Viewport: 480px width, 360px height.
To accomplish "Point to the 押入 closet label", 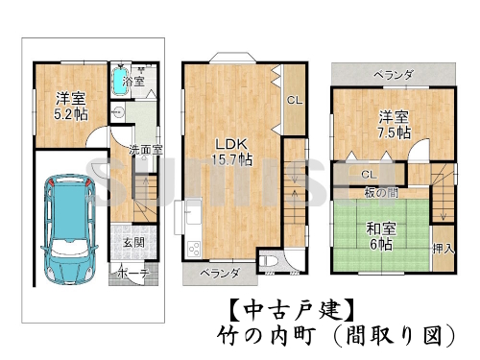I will pos(443,248).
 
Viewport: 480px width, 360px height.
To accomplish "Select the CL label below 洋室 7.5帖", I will pos(369,174).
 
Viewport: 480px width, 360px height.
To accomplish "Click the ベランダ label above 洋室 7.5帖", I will pos(392,74).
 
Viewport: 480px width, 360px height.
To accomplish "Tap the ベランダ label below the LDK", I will pos(219,274).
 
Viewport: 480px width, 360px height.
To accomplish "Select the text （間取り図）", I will pos(394,335).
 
